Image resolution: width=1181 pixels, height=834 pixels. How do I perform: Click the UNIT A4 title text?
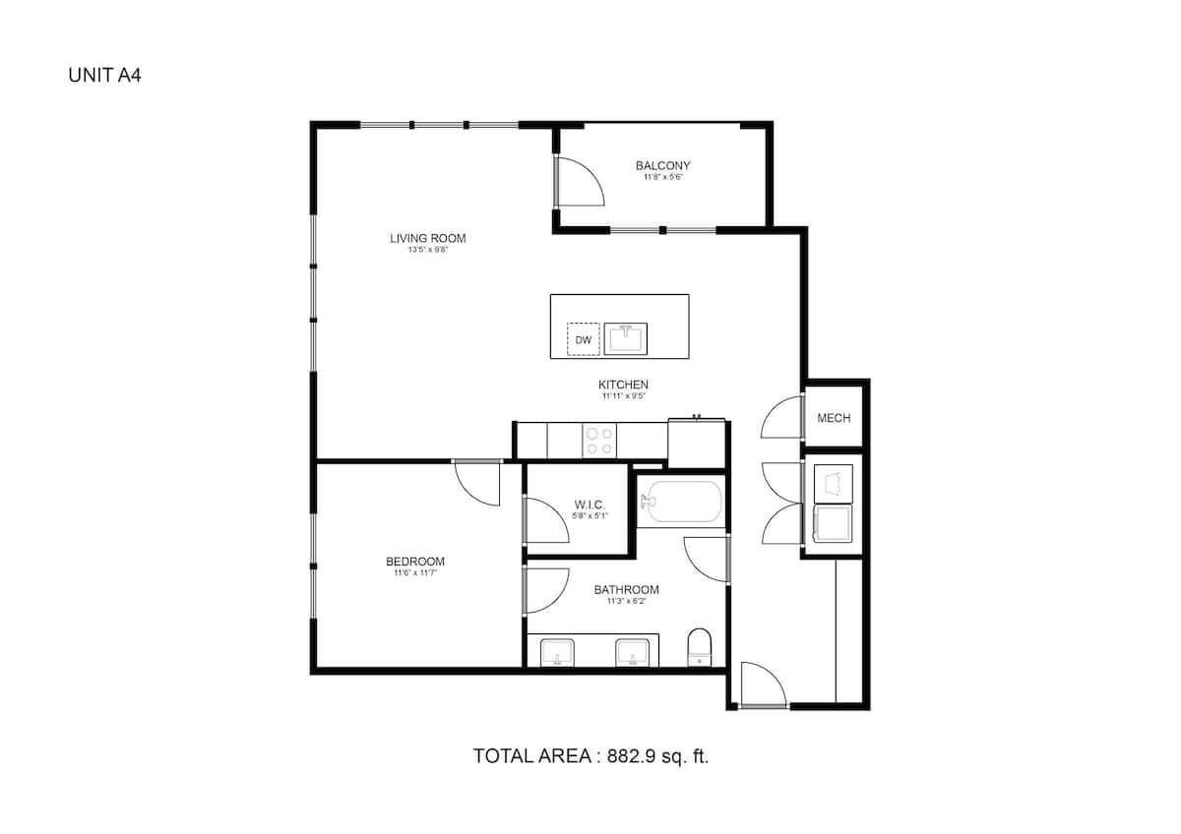[104, 75]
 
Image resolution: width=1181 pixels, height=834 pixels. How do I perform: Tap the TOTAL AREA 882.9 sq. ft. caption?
[590, 756]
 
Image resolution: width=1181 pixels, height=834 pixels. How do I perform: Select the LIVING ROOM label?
[427, 238]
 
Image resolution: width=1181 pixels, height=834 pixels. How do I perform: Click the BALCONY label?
[662, 166]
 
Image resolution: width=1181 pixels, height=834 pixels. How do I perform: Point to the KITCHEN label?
[623, 385]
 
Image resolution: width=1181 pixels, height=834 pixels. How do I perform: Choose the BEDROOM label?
[414, 562]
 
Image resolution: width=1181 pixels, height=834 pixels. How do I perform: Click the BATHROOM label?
[626, 590]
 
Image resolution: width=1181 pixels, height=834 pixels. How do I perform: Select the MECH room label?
[834, 418]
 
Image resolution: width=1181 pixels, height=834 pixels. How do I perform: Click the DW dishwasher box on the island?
[584, 339]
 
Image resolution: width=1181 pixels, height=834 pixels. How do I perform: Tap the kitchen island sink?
[626, 338]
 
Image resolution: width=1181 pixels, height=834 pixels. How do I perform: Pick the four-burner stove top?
[598, 440]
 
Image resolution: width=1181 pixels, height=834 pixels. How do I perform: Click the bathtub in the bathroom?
[681, 502]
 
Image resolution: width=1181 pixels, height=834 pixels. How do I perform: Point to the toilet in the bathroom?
[699, 645]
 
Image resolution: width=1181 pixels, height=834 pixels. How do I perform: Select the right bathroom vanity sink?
[631, 651]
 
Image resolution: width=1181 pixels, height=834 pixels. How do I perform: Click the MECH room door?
[783, 417]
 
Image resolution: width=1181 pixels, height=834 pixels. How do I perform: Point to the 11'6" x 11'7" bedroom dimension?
[414, 573]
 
